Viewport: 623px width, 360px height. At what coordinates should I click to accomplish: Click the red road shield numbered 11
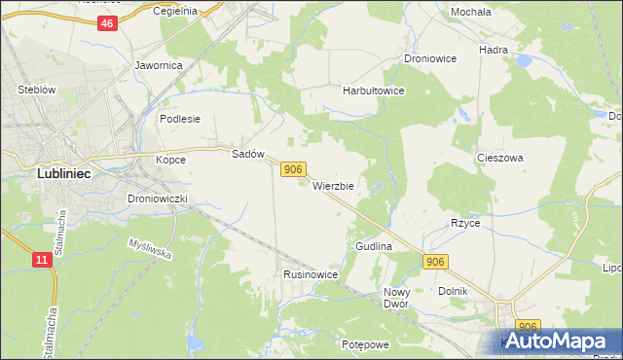point(41,259)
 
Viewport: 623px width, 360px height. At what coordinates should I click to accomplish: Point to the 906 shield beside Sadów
point(294,169)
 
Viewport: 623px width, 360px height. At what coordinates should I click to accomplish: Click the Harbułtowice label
point(373,90)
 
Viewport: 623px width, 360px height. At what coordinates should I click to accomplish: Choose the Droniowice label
point(430,58)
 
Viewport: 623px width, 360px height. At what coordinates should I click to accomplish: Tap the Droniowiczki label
point(163,198)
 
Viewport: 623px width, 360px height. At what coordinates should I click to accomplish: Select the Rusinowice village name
point(311,274)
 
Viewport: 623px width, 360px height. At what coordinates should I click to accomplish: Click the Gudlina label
point(374,247)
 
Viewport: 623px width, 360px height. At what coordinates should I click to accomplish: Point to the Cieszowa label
point(500,158)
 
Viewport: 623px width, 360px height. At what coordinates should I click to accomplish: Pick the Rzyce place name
point(465,223)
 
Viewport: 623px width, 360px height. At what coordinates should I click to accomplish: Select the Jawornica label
point(159,66)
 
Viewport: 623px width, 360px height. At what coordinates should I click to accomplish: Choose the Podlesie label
point(179,119)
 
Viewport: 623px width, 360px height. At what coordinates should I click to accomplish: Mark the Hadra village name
point(495,49)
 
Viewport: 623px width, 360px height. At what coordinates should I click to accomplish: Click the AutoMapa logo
point(560,341)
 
